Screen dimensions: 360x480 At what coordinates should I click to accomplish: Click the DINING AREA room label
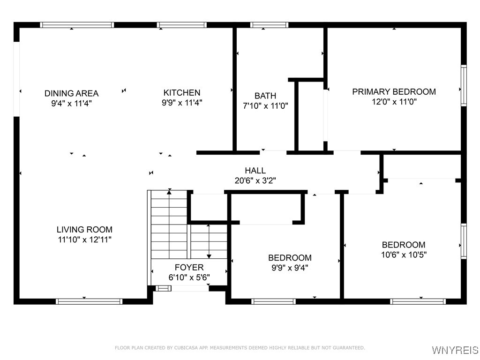pyautogui.click(x=71, y=93)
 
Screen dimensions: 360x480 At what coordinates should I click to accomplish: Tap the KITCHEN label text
pyautogui.click(x=182, y=93)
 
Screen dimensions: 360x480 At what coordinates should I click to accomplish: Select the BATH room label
pyautogui.click(x=265, y=96)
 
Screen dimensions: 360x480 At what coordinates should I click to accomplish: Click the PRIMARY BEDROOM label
pyautogui.click(x=394, y=91)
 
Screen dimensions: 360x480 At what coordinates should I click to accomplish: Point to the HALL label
pyautogui.click(x=255, y=171)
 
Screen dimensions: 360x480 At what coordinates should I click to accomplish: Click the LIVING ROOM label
pyautogui.click(x=84, y=230)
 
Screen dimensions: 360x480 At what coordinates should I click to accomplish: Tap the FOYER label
pyautogui.click(x=189, y=267)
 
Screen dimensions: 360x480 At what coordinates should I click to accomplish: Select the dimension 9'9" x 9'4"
pyautogui.click(x=289, y=268)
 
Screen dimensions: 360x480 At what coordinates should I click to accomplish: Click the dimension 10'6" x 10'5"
pyautogui.click(x=404, y=255)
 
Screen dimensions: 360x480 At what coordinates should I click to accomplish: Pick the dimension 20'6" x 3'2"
pyautogui.click(x=255, y=180)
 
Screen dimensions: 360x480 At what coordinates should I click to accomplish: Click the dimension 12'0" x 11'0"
pyautogui.click(x=394, y=102)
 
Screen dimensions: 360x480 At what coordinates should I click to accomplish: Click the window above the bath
pyautogui.click(x=269, y=25)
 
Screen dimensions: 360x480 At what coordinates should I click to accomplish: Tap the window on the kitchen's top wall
pyautogui.click(x=181, y=25)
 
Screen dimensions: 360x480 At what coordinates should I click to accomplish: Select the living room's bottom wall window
pyautogui.click(x=89, y=301)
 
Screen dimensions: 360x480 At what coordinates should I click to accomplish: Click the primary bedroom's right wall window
pyautogui.click(x=464, y=85)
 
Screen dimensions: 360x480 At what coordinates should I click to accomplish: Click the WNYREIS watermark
pyautogui.click(x=455, y=350)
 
